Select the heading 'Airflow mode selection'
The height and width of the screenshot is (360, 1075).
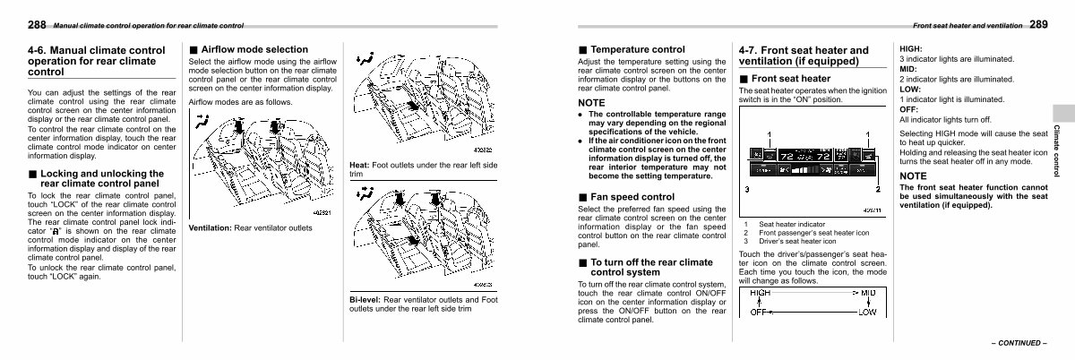tap(254, 49)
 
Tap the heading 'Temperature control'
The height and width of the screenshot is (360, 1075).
tap(637, 49)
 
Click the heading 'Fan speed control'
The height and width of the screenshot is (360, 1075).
tap(632, 196)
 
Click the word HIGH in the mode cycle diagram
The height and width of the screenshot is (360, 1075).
tap(760, 293)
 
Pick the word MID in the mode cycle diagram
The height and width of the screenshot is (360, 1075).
tap(868, 293)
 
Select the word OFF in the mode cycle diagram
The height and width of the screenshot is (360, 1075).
tap(759, 312)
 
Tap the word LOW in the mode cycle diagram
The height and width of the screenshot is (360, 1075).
tap(866, 312)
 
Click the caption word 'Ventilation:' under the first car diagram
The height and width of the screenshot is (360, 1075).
tap(210, 228)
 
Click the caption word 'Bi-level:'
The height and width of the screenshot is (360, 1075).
tap(367, 299)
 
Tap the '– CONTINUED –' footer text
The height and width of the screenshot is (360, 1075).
tap(1019, 343)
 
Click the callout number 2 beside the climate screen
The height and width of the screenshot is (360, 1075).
tap(877, 189)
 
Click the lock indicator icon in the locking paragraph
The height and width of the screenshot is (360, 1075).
tap(56, 231)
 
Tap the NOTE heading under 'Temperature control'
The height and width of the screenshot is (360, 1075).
tap(592, 103)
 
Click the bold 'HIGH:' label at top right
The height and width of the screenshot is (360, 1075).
tap(911, 48)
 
